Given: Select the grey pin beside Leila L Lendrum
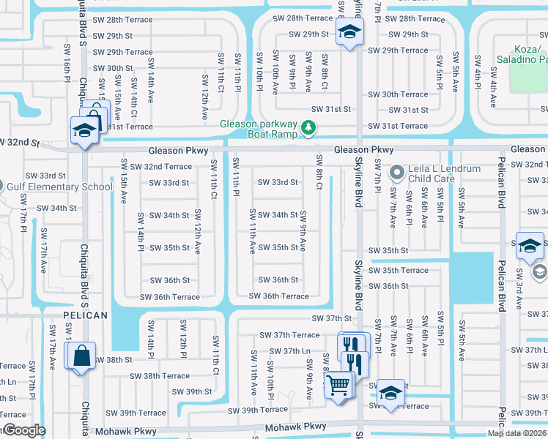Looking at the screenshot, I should point(397,173).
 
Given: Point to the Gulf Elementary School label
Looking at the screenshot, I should point(61,187).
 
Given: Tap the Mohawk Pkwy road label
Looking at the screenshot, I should point(296,426).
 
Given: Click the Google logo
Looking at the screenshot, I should point(24,430).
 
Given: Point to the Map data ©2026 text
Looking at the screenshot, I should point(516,433).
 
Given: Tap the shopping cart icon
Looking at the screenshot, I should point(338,384).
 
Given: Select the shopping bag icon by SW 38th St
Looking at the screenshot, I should point(81,357).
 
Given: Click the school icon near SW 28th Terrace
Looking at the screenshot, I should point(349,31).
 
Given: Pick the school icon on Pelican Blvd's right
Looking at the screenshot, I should point(530,246).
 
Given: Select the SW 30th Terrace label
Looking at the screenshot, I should point(398,94).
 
